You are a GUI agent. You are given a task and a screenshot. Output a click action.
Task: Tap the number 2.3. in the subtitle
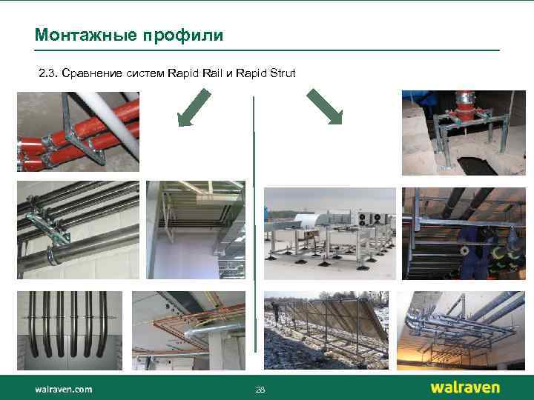coord(48,73)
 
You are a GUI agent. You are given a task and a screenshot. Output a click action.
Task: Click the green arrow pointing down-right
coord(324,107)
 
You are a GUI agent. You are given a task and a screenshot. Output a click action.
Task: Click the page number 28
coord(260,390)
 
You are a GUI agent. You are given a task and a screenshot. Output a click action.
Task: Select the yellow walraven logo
coord(465,387)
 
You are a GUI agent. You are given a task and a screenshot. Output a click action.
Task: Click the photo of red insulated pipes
coord(78,131)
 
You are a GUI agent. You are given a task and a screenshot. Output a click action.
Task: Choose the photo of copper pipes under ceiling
coord(188,330)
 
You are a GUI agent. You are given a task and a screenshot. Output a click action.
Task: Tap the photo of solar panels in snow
coord(326,330)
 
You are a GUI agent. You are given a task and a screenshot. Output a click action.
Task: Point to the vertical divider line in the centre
coord(254,222)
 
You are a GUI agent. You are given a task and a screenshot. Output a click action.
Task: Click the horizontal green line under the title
coord(267,50)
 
